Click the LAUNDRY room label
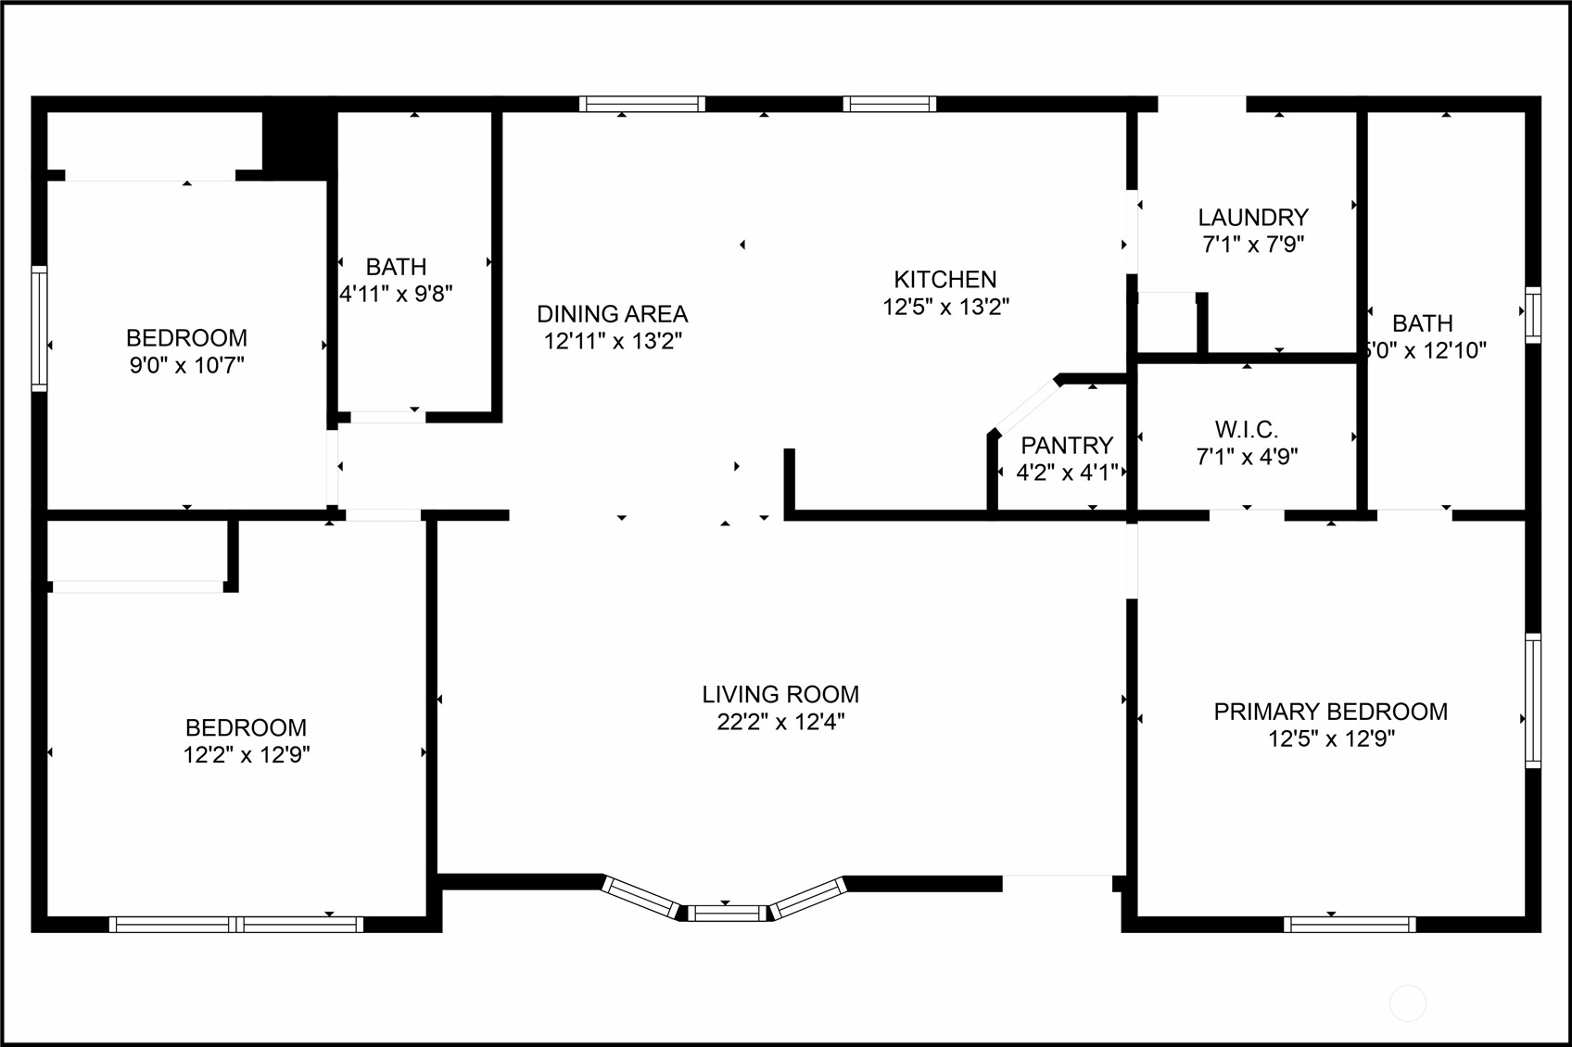pos(1253,218)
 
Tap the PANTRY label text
pos(1066,446)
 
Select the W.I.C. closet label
pos(1247,430)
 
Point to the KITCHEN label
pos(945,280)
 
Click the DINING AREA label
pos(612,314)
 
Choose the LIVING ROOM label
pos(780,695)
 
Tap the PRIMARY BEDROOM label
pos(1331,712)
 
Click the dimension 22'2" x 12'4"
pos(780,722)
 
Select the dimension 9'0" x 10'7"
pos(186,365)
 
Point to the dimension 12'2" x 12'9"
pos(247,755)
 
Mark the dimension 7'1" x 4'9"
pos(1247,457)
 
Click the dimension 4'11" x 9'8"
pos(397,295)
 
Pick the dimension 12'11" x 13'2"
pos(612,341)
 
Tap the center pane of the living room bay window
pos(728,914)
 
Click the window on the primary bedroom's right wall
pos(1533,700)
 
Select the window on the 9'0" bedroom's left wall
pos(39,328)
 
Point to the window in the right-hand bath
pos(1533,315)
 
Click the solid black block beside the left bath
pos(298,141)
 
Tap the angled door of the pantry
pos(1025,406)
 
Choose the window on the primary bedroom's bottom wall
pos(1350,924)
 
